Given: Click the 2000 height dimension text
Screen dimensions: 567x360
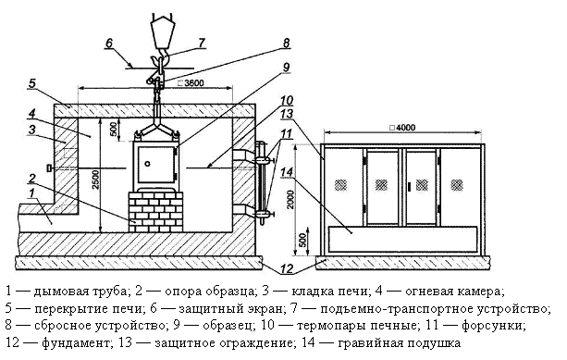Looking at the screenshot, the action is tap(290, 199).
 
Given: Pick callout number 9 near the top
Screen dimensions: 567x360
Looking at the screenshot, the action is tap(286, 68).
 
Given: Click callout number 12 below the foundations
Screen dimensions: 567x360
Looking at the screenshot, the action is tap(287, 268).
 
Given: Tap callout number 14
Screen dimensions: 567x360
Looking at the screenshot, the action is tap(287, 172).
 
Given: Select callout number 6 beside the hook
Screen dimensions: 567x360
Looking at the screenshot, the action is tap(109, 43).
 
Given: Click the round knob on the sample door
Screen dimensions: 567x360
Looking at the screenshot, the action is tap(148, 164).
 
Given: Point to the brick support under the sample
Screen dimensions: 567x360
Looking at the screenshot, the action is tap(155, 212).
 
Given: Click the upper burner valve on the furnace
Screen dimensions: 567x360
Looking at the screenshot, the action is tap(262, 159).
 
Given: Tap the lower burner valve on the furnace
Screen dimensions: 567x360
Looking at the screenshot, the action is tap(264, 214).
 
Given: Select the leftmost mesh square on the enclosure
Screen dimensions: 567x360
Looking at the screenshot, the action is tap(340, 185).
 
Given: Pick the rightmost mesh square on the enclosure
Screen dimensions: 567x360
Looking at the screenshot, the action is tap(457, 185).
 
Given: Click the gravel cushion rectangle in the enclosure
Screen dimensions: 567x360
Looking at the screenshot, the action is tap(403, 239).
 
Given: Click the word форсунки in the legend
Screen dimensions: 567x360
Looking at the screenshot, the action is tap(492, 325).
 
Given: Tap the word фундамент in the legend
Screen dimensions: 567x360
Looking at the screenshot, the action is tap(75, 342).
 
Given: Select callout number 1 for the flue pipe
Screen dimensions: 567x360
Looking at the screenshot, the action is tap(31, 193).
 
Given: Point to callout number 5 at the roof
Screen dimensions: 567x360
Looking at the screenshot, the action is tap(32, 83).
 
